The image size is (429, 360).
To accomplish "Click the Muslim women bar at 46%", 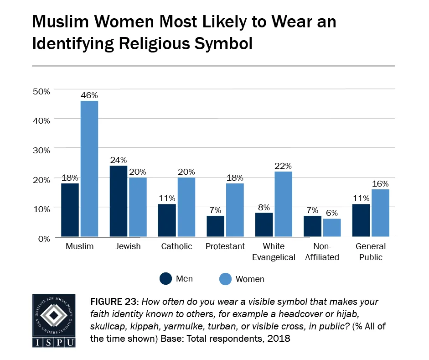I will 89,169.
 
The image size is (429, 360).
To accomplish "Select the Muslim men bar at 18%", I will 70,210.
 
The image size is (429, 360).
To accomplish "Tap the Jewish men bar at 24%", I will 118,201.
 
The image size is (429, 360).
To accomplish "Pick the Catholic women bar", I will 186,207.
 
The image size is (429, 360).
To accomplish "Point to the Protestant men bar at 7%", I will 215,226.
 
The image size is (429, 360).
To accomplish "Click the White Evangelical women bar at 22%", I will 283,204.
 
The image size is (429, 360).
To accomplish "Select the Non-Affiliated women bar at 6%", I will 332,228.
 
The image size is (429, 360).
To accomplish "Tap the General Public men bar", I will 361,220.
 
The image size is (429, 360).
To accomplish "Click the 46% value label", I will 89,95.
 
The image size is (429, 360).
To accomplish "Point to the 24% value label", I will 118,160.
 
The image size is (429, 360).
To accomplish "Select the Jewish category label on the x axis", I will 128,246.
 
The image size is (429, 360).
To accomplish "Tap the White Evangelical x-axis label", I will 274,252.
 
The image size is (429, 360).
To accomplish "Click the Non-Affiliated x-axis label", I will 322,252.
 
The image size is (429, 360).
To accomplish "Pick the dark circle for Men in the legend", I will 165,278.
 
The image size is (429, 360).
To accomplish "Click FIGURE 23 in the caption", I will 117,303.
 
